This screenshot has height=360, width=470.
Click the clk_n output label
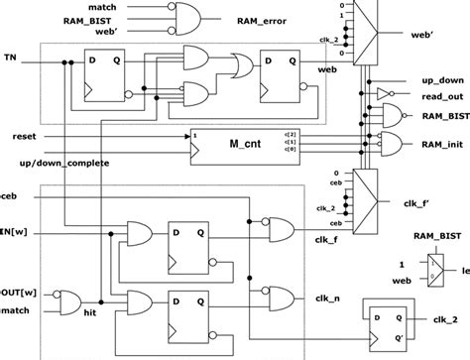coord(327,296)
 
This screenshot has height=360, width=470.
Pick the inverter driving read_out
coord(382,93)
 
